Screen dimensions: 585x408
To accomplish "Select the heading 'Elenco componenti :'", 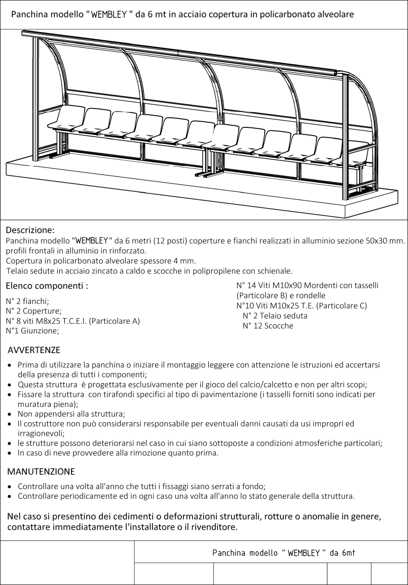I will point(47,286).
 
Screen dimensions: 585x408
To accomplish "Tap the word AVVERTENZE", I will point(34,350).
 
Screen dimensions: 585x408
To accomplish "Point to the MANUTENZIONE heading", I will point(41,471).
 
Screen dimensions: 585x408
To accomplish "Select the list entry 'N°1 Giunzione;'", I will point(32,331).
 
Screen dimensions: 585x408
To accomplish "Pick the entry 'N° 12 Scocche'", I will point(268,326).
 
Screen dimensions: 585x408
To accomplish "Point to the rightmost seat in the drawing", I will point(358,152).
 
